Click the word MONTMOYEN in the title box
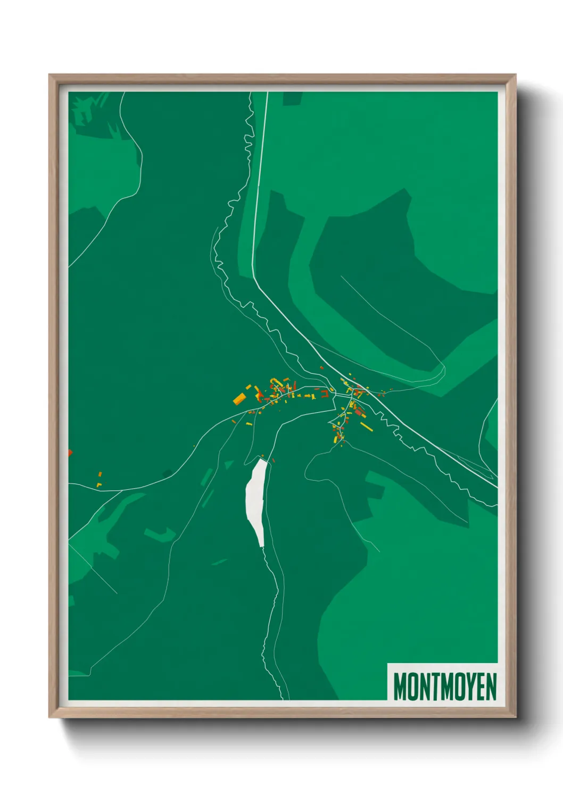click(x=444, y=686)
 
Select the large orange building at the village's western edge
click(x=239, y=398)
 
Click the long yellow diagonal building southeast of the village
click(x=367, y=426)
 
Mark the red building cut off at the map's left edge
click(x=70, y=453)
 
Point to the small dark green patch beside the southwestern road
click(x=167, y=473)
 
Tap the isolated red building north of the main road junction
click(x=321, y=367)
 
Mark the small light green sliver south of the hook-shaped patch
click(x=219, y=562)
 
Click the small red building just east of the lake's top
click(x=273, y=460)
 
